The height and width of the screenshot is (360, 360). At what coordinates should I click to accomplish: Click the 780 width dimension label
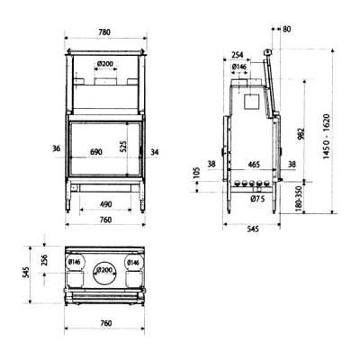pos(104,32)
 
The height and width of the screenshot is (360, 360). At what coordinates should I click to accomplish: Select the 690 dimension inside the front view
pos(96,152)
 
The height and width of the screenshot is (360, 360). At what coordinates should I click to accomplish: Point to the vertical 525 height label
pos(123,146)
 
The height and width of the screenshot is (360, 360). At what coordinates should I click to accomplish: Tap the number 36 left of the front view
pos(57,148)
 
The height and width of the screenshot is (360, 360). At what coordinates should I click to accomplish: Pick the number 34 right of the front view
pos(155,152)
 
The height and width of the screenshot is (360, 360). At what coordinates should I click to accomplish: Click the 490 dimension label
pos(105,204)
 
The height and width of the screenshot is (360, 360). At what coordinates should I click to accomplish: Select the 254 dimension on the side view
pos(237,55)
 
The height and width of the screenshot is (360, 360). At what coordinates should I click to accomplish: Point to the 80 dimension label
pos(286,29)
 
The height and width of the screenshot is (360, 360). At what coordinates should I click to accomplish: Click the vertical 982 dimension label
pos(301,134)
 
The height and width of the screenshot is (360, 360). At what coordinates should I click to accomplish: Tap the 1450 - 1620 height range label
pos(327,137)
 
